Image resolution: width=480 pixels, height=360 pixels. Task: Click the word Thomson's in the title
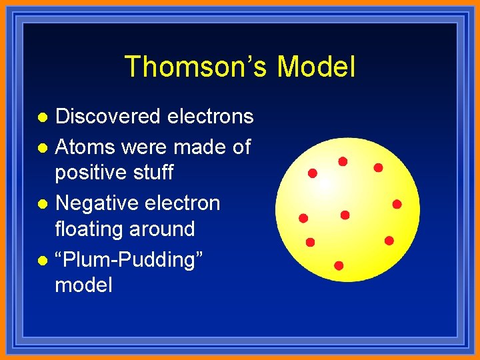pyautogui.click(x=196, y=67)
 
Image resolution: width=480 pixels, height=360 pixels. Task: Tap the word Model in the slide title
pyautogui.click(x=316, y=67)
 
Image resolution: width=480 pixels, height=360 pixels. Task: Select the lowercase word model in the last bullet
pyautogui.click(x=83, y=286)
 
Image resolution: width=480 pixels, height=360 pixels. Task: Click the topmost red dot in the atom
pyautogui.click(x=343, y=161)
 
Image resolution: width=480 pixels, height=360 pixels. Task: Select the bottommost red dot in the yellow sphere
pyautogui.click(x=339, y=265)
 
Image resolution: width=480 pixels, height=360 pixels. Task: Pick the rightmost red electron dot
pyautogui.click(x=397, y=204)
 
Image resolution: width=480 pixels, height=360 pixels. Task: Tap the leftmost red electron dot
pyautogui.click(x=303, y=218)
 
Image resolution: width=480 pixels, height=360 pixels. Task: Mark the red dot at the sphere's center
pyautogui.click(x=345, y=215)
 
